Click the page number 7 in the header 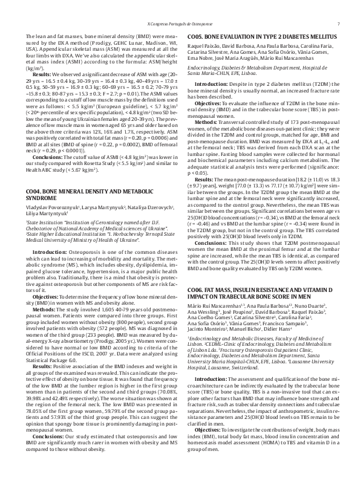(338, 24)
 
